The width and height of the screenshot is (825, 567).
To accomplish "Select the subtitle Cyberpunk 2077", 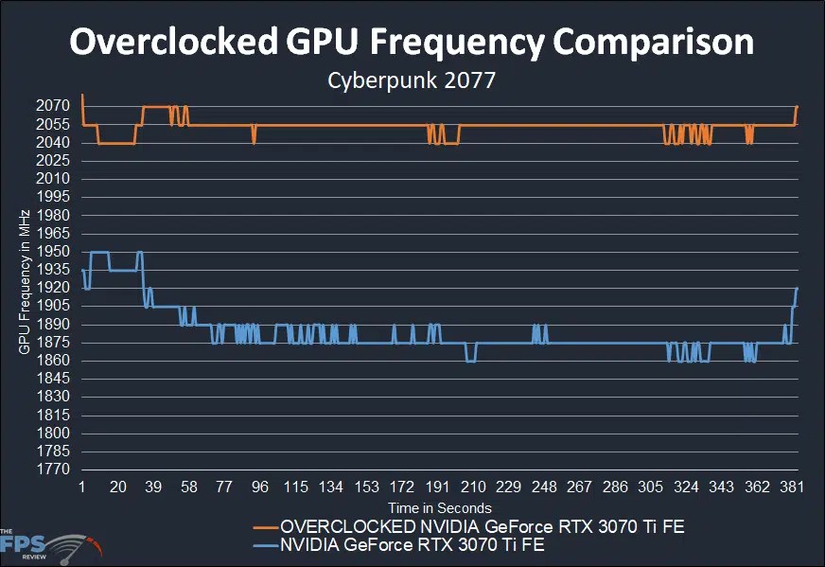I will [412, 81].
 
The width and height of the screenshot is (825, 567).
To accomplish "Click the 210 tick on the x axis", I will [473, 487].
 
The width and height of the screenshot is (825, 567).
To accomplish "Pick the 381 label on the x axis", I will [793, 487].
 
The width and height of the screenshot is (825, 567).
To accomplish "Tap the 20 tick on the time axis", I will [118, 487].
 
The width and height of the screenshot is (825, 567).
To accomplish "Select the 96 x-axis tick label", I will [260, 487].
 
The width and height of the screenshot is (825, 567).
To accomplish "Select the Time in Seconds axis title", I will [438, 508].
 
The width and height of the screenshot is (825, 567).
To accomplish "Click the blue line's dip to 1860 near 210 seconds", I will [470, 361].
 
